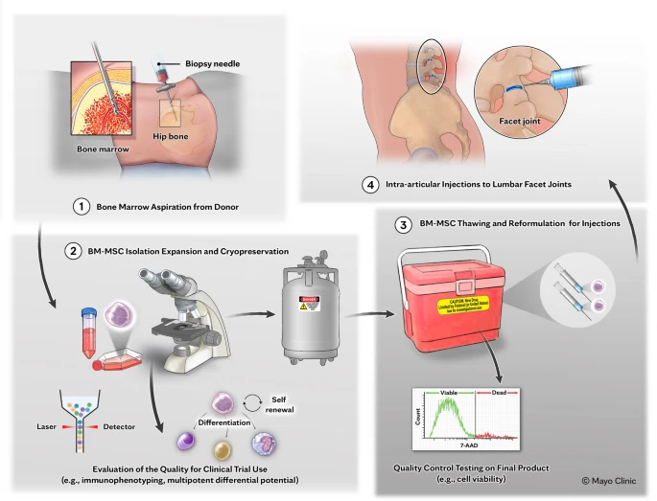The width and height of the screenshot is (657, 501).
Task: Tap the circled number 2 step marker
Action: (73, 252)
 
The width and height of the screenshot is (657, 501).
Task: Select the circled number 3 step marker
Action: (404, 224)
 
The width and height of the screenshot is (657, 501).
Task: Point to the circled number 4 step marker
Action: (370, 185)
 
